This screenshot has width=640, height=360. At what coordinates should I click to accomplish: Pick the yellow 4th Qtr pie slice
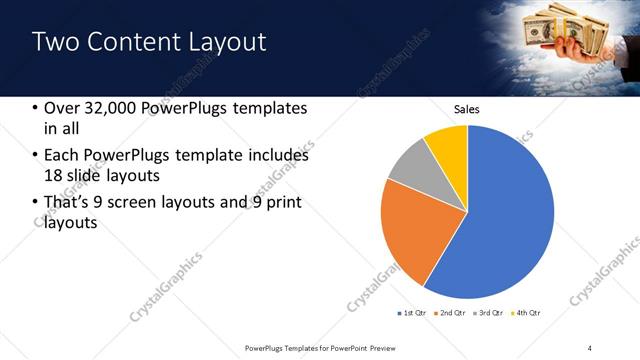pyautogui.click(x=446, y=145)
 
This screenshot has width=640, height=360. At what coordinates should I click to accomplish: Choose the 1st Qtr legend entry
pyautogui.click(x=412, y=313)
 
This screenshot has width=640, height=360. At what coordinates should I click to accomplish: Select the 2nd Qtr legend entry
pyautogui.click(x=452, y=313)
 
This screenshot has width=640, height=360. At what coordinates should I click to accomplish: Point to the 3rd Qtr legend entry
pyautogui.click(x=490, y=313)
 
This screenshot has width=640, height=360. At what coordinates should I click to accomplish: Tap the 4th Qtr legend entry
pyautogui.click(x=527, y=313)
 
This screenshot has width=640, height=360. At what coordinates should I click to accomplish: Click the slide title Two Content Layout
pyautogui.click(x=149, y=42)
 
